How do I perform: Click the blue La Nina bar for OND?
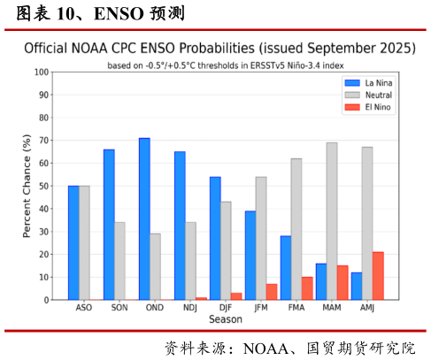click(144, 218)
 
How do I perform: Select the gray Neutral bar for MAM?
click(332, 221)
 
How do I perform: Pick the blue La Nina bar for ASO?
click(73, 242)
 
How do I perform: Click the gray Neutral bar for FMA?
click(296, 229)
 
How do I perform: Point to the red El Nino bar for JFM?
click(272, 292)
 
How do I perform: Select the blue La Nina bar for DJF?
click(215, 238)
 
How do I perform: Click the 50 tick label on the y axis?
click(43, 186)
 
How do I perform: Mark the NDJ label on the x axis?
click(190, 308)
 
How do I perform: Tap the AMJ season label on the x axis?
click(367, 308)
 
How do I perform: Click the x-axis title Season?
click(225, 319)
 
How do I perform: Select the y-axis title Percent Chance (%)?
click(27, 186)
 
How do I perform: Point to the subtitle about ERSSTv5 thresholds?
click(225, 65)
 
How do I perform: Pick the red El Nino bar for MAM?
click(342, 282)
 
